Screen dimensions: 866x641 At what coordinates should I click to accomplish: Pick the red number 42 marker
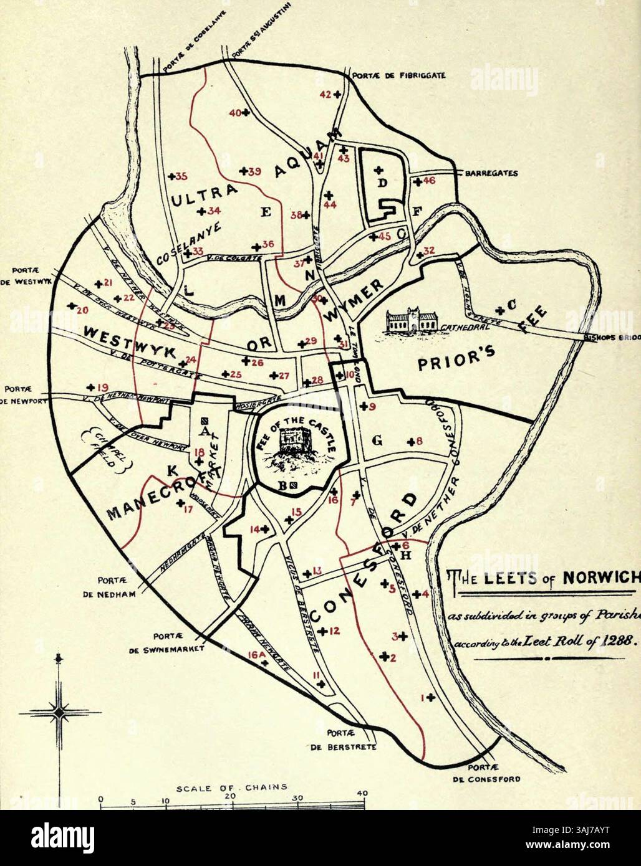coord(326,95)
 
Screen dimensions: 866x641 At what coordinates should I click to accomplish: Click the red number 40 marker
coord(235,113)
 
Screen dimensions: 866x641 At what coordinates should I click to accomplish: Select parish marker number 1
coord(423,697)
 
